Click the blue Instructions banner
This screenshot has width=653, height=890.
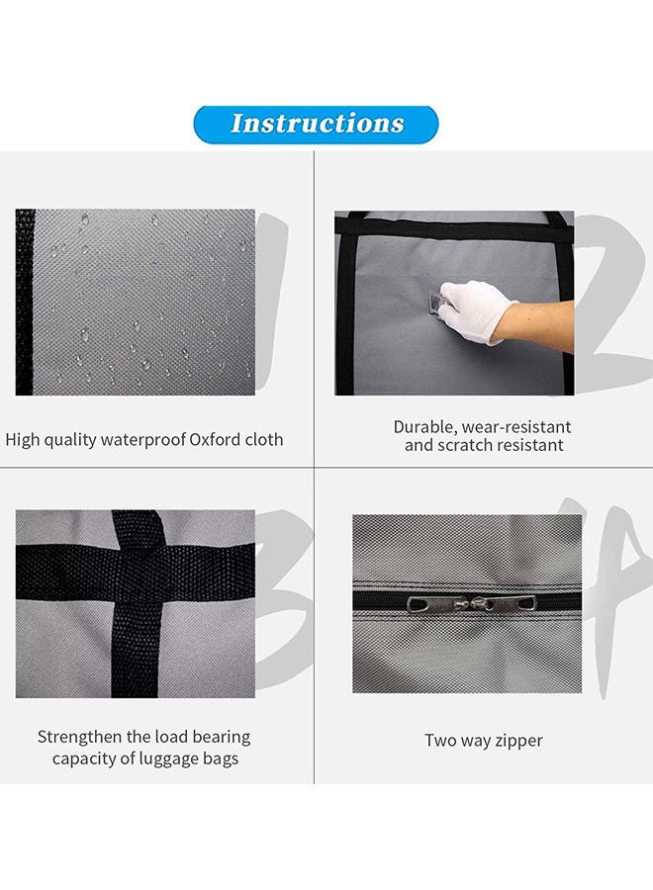click(x=317, y=124)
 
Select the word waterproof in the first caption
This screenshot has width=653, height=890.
click(x=146, y=439)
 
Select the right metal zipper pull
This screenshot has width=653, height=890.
click(x=487, y=603)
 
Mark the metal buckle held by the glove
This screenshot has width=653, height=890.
click(x=433, y=301)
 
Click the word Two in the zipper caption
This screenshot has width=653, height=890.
click(x=440, y=740)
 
